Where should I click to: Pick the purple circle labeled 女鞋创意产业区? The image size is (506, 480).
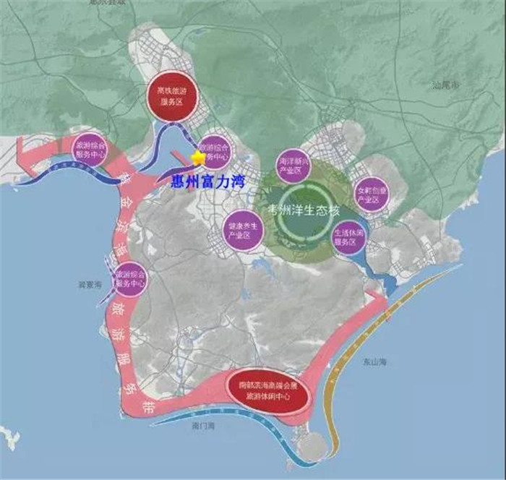pyautogui.click(x=373, y=193)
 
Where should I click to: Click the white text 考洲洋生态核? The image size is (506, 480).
pyautogui.click(x=302, y=211)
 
